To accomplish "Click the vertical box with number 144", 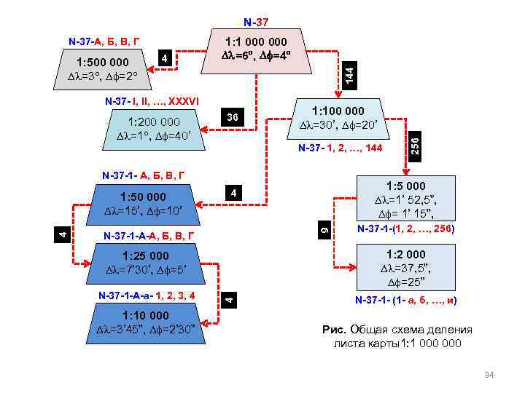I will pyautogui.click(x=349, y=74).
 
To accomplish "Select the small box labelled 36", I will pyautogui.click(x=232, y=117).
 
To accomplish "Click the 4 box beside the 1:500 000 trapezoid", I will pyautogui.click(x=166, y=57).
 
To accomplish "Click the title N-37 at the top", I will pyautogui.click(x=256, y=23).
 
